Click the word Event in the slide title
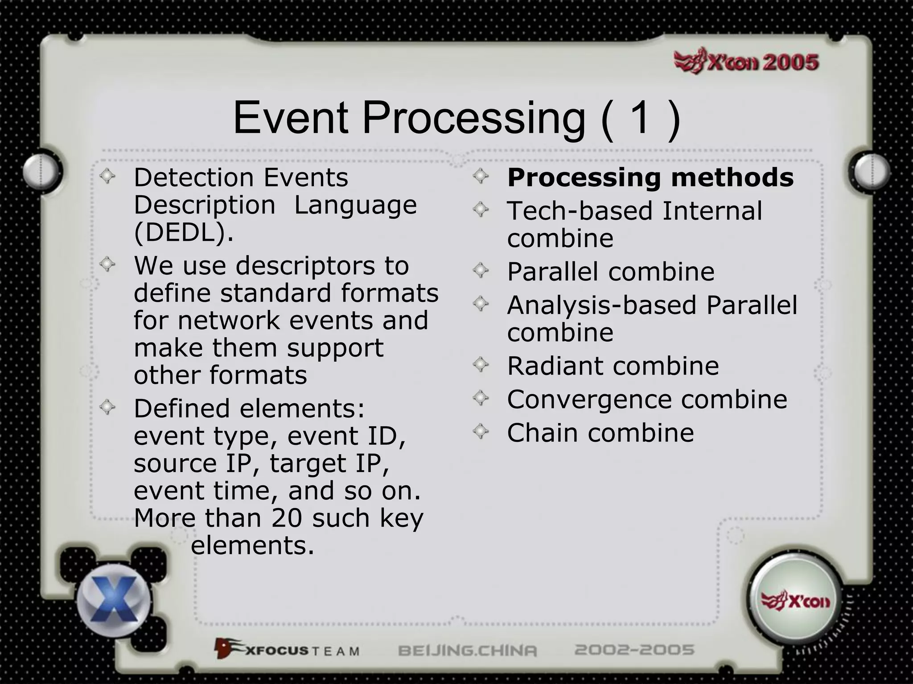290,118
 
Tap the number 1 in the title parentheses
640,118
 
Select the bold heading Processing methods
650,177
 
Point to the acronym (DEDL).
184,232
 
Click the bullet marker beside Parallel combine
481,270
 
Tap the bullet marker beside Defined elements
107,407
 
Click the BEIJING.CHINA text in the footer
467,650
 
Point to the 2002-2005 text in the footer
634,650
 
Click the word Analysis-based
602,305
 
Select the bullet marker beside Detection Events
107,176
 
